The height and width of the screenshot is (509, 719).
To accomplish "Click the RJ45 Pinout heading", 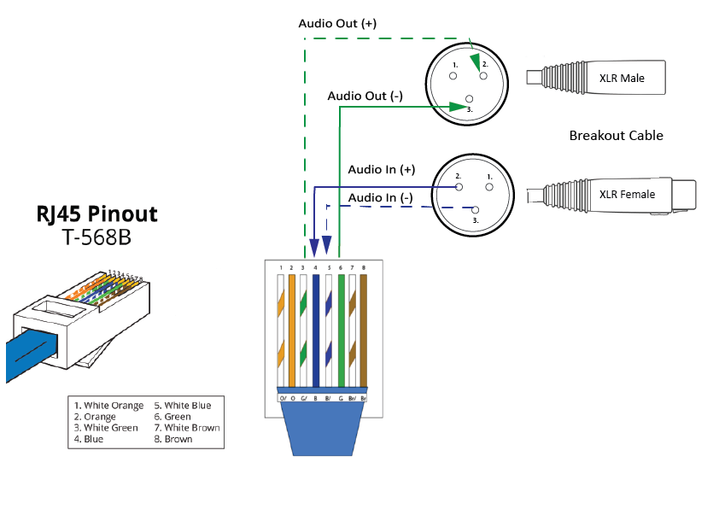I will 96,213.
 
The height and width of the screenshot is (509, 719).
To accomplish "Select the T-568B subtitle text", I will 96,237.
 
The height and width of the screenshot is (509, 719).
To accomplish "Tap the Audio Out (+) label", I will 337,23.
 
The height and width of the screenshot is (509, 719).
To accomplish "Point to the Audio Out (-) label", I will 365,96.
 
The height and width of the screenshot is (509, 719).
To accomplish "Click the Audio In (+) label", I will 382,169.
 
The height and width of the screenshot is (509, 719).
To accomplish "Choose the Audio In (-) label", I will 381,197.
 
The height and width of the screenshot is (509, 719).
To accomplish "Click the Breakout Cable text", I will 616,135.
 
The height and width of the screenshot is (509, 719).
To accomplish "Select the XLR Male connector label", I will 621,79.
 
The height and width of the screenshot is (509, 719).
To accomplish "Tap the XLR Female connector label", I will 627,194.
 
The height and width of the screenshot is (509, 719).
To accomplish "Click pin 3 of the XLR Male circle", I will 467,99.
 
